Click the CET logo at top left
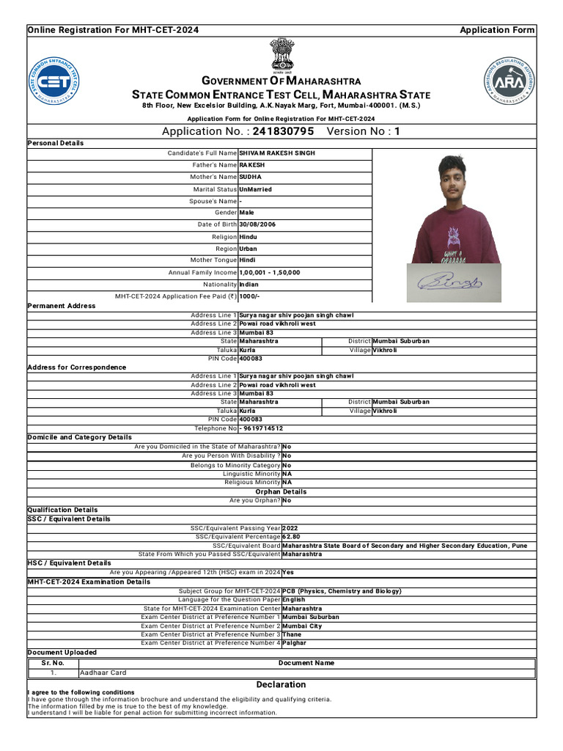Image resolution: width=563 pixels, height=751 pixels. pyautogui.click(x=55, y=81)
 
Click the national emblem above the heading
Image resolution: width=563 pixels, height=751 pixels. pyautogui.click(x=281, y=55)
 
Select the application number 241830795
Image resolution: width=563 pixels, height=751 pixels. pyautogui.click(x=283, y=131)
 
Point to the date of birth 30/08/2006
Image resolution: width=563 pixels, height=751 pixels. pyautogui.click(x=257, y=224)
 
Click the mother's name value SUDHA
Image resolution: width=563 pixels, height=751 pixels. pyautogui.click(x=250, y=177)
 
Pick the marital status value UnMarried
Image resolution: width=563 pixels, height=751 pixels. pyautogui.click(x=255, y=189)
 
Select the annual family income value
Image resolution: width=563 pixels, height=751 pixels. pyautogui.click(x=270, y=272)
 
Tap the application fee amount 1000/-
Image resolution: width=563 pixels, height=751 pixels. pyautogui.click(x=249, y=296)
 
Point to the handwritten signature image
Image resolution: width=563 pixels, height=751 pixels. pyautogui.click(x=450, y=281)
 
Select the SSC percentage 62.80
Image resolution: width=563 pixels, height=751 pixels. pyautogui.click(x=291, y=537)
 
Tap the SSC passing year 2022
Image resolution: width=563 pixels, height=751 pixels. pyautogui.click(x=290, y=528)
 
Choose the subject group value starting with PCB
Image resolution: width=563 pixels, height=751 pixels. pyautogui.click(x=342, y=591)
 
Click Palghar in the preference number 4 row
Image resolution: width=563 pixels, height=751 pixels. pyautogui.click(x=295, y=643)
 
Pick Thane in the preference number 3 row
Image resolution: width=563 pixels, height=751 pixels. pyautogui.click(x=292, y=634)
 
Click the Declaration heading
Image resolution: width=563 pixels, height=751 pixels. pyautogui.click(x=281, y=685)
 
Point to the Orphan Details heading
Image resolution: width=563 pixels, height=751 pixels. pyautogui.click(x=281, y=491)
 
